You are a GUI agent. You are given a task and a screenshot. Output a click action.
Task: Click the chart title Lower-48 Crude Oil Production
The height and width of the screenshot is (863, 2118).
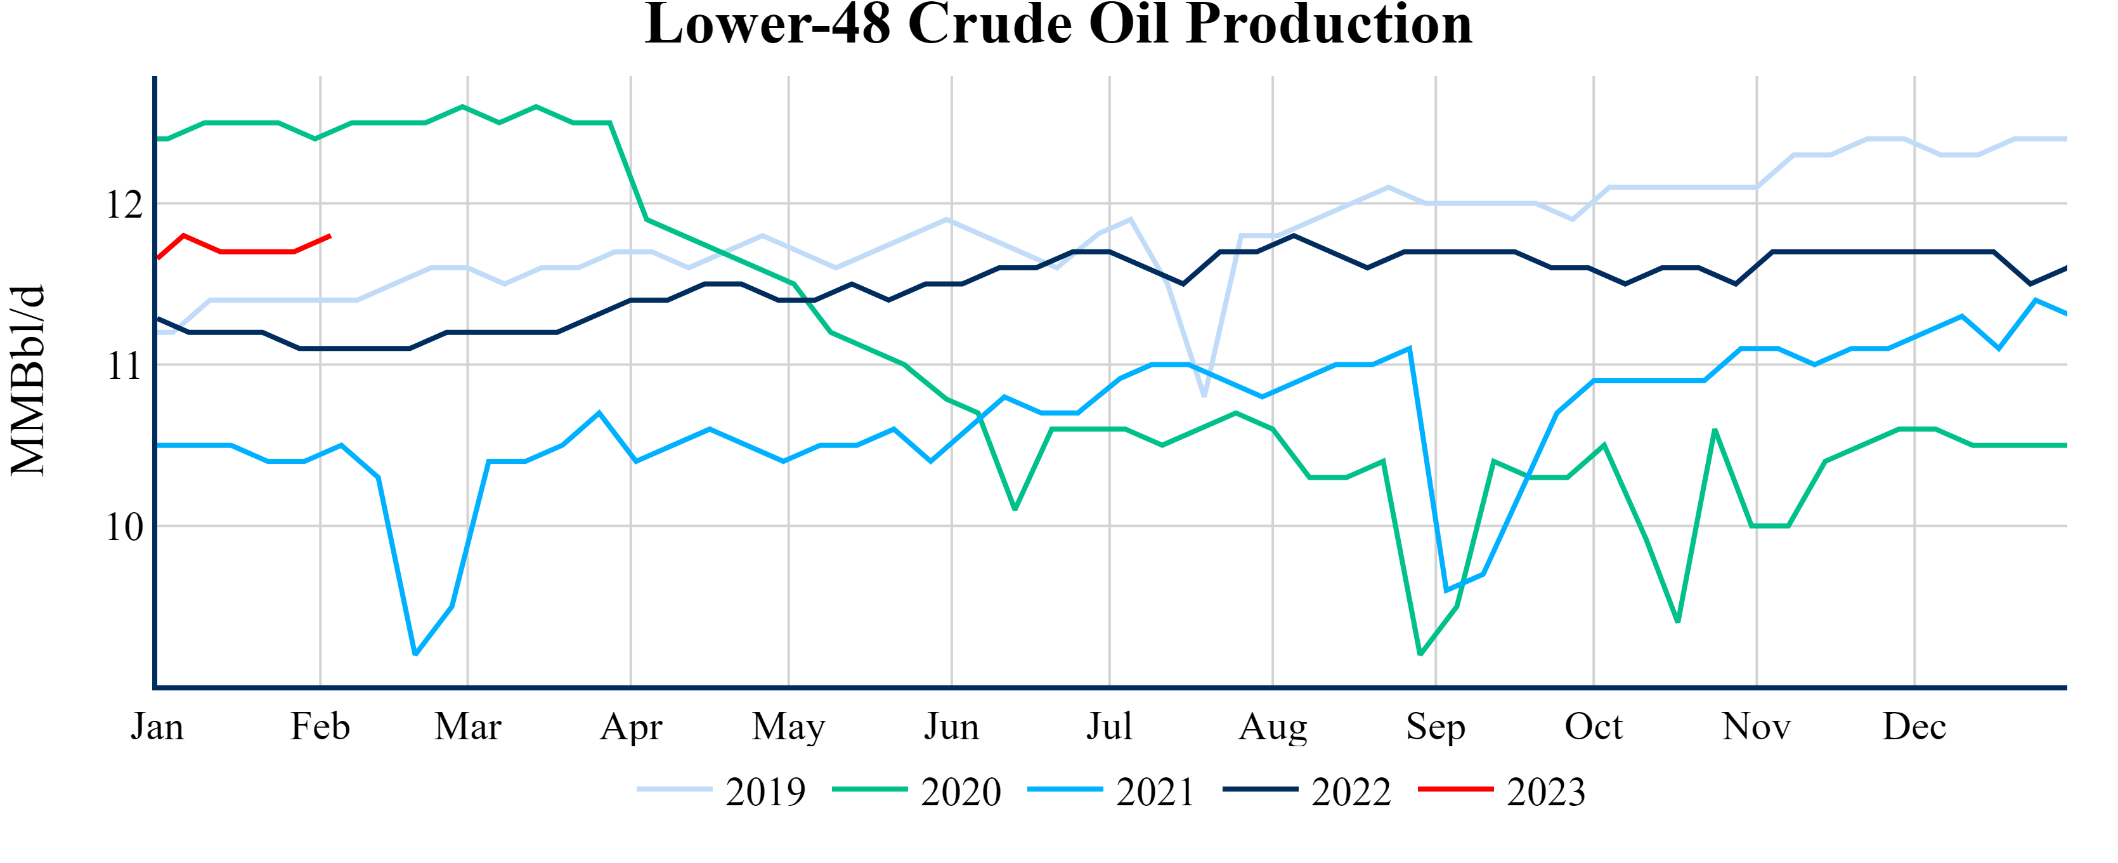(x=1058, y=25)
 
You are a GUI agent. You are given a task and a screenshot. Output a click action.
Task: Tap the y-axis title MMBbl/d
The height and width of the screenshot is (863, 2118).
(x=28, y=381)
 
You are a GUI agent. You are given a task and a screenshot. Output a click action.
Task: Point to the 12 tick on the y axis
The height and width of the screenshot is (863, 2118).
(x=125, y=204)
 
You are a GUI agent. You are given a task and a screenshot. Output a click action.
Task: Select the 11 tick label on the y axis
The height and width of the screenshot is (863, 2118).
(x=125, y=366)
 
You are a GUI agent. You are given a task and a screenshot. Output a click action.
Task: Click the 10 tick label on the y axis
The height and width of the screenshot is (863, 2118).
(x=125, y=527)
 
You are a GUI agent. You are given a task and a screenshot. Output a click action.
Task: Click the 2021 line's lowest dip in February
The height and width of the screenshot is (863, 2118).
(x=415, y=654)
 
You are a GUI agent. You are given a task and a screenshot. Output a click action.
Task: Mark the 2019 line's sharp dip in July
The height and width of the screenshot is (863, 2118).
(x=1204, y=397)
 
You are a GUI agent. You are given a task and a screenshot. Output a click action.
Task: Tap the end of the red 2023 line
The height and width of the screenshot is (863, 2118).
(x=330, y=236)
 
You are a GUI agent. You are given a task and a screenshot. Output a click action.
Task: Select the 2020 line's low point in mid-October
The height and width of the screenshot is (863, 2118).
(x=1677, y=622)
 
